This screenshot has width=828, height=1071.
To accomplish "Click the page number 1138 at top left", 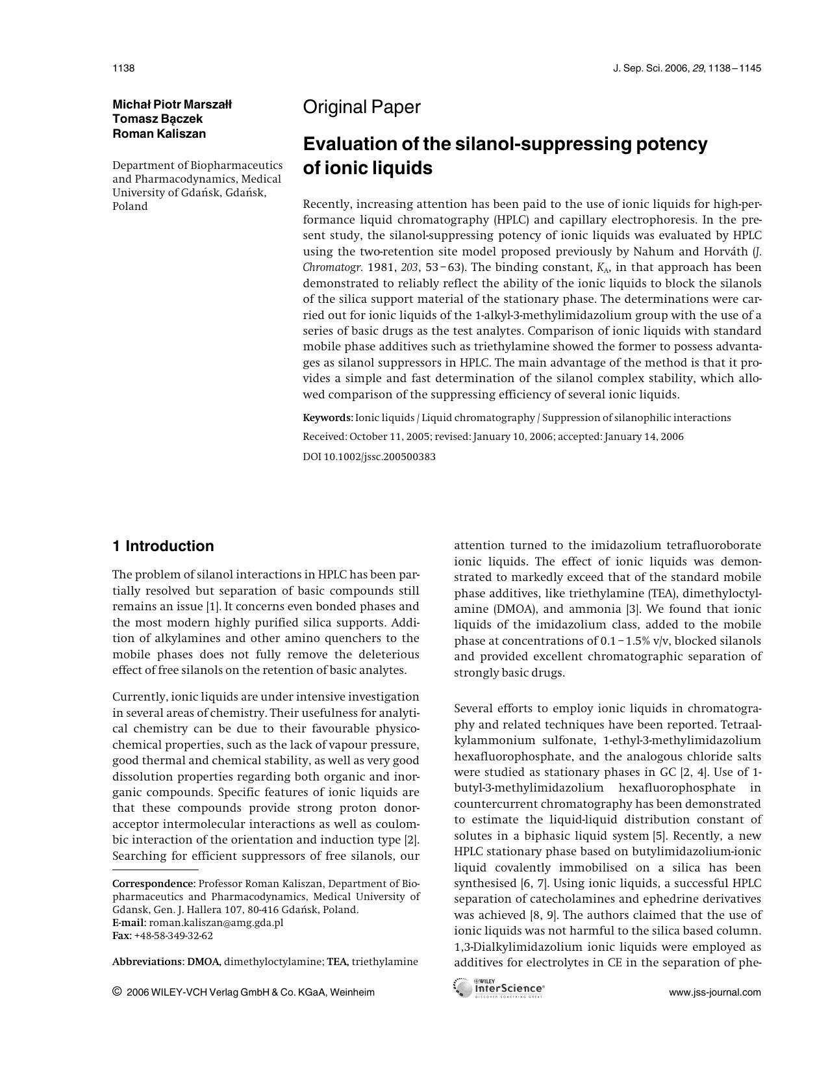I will coord(123,68).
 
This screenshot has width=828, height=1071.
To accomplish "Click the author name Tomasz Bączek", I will coord(158,119).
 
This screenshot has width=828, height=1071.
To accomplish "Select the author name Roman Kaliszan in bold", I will coord(159,134).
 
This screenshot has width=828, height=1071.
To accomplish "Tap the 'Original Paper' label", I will coord(362,107).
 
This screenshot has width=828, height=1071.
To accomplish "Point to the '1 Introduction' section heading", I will coord(163,546).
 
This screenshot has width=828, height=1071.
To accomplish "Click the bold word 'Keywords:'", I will coord(328,418).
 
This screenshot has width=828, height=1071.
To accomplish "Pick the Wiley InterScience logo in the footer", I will coord(499,988).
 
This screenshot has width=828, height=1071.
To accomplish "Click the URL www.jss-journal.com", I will coord(714,992).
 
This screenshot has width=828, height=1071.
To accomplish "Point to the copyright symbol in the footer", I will coord(117,992).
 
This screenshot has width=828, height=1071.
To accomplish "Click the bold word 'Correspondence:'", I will coord(154,884).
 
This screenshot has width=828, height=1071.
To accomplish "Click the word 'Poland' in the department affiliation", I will coord(130,207).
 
